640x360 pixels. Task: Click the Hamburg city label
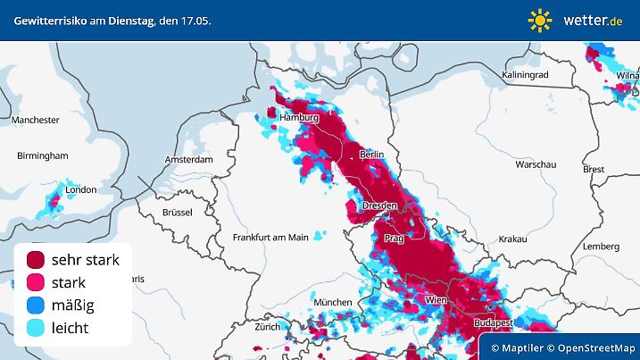click(299, 118)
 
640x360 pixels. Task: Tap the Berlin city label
click(371, 155)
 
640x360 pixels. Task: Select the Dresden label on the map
click(379, 206)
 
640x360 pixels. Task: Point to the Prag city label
click(394, 239)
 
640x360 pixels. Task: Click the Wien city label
click(436, 298)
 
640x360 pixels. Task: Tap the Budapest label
click(492, 322)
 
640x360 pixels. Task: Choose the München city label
click(333, 302)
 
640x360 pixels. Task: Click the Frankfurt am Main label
click(270, 237)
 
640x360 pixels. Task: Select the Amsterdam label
click(187, 160)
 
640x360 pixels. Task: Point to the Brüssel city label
click(178, 212)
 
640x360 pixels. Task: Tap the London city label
click(81, 189)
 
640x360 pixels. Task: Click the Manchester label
click(36, 120)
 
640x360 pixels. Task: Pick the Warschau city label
click(536, 165)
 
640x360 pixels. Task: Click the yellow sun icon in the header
click(540, 20)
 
